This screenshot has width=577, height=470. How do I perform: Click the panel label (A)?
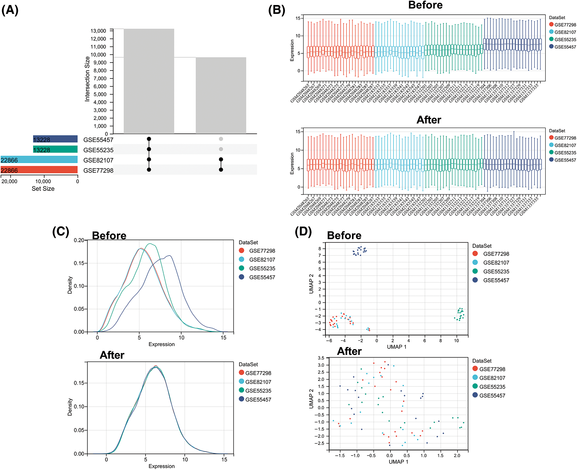pyautogui.click(x=10, y=10)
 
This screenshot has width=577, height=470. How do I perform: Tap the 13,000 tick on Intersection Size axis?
pyautogui.click(x=98, y=31)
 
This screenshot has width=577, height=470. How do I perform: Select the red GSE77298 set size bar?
pyautogui.click(x=39, y=170)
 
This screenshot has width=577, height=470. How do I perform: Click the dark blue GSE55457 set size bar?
pyautogui.click(x=55, y=139)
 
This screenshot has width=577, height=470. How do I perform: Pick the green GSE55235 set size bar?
pyautogui.click(x=55, y=150)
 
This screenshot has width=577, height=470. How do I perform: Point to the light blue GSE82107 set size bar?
pyautogui.click(x=39, y=160)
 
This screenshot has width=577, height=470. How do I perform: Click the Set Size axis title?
pyautogui.click(x=43, y=189)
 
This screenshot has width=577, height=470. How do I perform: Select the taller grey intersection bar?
pyautogui.click(x=149, y=81)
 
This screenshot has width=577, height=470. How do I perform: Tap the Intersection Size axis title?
pyautogui.click(x=87, y=79)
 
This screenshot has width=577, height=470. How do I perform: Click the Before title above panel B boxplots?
pyautogui.click(x=425, y=5)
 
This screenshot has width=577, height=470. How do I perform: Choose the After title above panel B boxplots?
pyautogui.click(x=429, y=120)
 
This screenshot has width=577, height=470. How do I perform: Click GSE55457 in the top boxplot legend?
pyautogui.click(x=565, y=47)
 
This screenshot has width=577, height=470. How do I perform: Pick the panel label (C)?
pyautogui.click(x=61, y=232)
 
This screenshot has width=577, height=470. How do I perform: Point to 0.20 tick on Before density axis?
pyautogui.click(x=79, y=240)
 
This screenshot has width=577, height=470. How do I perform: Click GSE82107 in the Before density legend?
pyautogui.click(x=262, y=260)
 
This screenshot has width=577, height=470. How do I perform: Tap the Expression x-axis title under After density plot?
pyautogui.click(x=161, y=466)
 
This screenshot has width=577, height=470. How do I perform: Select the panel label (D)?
pyautogui.click(x=303, y=232)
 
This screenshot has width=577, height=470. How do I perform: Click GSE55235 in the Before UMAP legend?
pyautogui.click(x=496, y=271)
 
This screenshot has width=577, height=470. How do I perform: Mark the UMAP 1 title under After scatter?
pyautogui.click(x=398, y=462)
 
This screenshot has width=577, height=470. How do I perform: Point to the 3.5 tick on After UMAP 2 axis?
pyautogui.click(x=321, y=358)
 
